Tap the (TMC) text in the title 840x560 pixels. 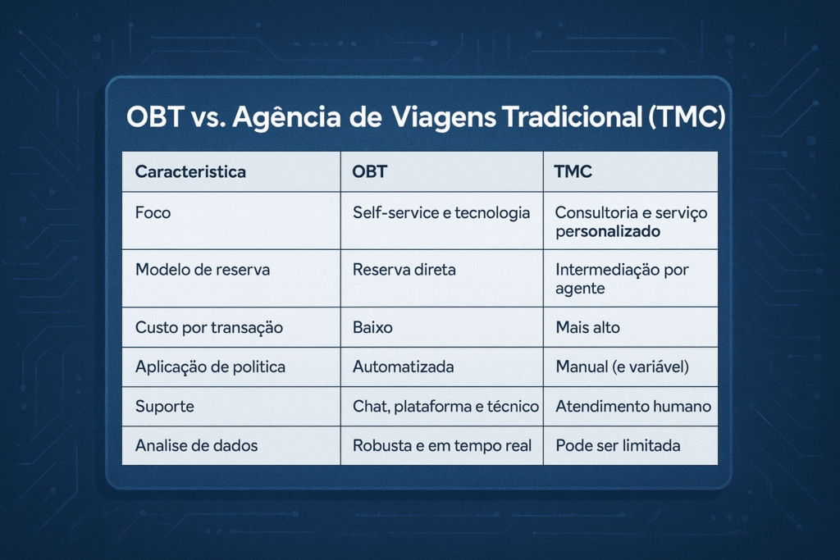[x=687, y=116]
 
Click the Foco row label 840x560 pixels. [x=153, y=213]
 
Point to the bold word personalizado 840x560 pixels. [x=608, y=232]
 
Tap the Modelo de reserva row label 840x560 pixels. [x=202, y=269]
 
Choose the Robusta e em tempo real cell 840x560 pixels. [x=442, y=445]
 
